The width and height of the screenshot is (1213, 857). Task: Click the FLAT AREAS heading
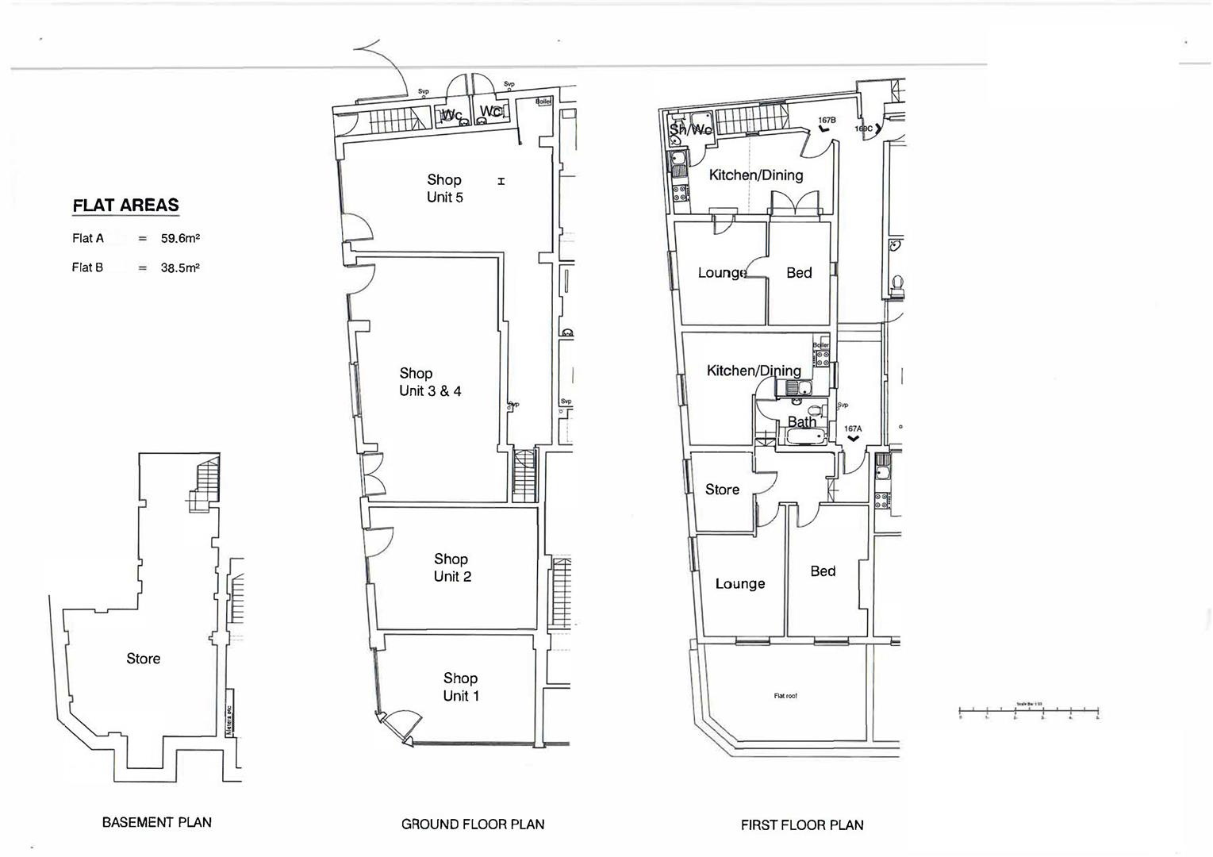tap(125, 206)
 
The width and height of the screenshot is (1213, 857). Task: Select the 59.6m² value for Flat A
tap(180, 238)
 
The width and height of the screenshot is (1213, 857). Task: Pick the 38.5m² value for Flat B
tap(180, 268)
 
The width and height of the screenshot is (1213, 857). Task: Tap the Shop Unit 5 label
tap(444, 189)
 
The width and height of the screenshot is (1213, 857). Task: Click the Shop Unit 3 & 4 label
tap(430, 382)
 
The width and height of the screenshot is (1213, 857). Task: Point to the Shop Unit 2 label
tap(451, 568)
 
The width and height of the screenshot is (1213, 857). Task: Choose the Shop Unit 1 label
tap(461, 687)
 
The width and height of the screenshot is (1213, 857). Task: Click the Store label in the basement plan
tap(144, 659)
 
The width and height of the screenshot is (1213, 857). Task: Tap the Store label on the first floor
tap(722, 490)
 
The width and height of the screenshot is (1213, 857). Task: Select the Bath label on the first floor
tap(801, 422)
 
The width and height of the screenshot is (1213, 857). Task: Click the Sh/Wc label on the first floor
tap(691, 129)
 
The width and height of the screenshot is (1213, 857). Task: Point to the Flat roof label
tap(785, 696)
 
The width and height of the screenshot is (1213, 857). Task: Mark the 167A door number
tap(853, 429)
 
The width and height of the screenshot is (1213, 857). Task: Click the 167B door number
tap(827, 121)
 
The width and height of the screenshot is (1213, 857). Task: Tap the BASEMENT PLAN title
tap(157, 823)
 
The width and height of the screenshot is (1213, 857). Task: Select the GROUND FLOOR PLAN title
tap(473, 824)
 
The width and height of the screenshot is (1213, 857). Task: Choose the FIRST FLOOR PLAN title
tap(802, 825)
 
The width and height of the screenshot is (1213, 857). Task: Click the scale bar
tap(1029, 712)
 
